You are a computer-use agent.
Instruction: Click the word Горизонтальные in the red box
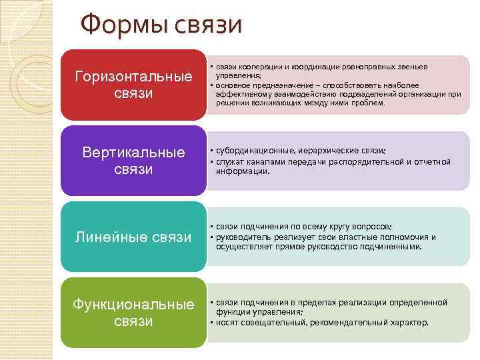133,76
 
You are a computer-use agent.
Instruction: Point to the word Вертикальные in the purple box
133,153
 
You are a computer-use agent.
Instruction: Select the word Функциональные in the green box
133,305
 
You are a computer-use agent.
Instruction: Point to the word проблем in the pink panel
367,103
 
